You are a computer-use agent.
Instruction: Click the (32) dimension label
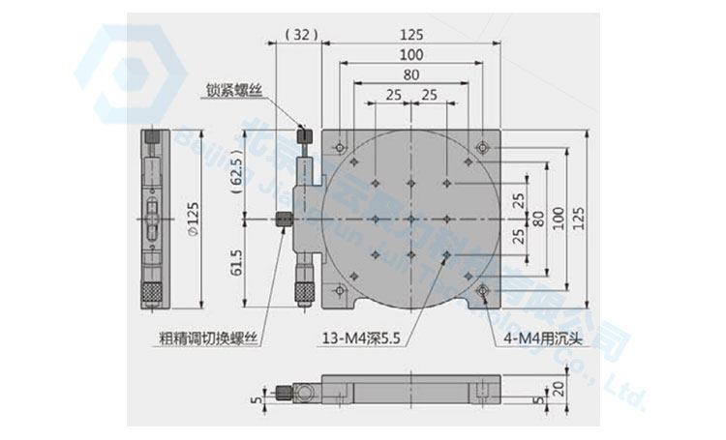click(x=302, y=34)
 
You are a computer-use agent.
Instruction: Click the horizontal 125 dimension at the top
click(x=413, y=34)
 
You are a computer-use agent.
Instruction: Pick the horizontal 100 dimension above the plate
click(x=413, y=54)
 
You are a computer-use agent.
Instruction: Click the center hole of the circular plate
click(x=413, y=219)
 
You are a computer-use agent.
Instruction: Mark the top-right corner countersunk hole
click(x=483, y=147)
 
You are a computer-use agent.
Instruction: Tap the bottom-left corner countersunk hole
click(x=338, y=290)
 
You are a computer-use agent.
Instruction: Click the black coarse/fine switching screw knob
click(x=283, y=220)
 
